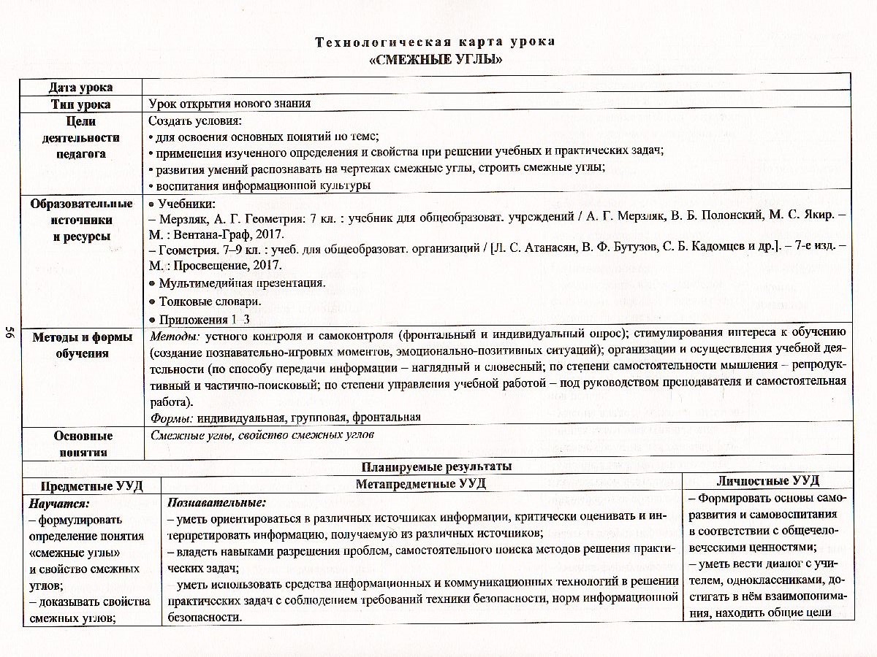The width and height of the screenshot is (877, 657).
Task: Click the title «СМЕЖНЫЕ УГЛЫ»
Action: click(x=436, y=59)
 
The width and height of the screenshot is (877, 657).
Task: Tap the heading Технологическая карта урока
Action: click(x=436, y=42)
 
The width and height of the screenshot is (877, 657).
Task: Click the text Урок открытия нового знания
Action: click(x=229, y=104)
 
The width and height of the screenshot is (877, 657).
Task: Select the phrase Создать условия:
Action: click(x=195, y=120)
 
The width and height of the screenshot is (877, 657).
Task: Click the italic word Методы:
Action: click(x=175, y=337)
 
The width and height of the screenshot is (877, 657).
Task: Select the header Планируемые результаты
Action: click(x=436, y=466)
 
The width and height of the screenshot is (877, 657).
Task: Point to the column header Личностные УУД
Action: click(x=767, y=481)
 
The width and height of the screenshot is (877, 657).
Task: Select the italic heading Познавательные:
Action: click(x=216, y=503)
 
